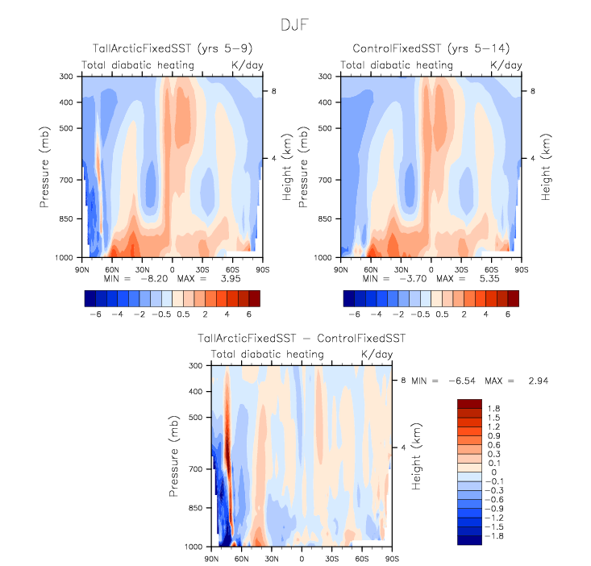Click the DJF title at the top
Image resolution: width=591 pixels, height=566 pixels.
point(296,25)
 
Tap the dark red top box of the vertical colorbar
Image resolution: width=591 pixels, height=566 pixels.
point(469,403)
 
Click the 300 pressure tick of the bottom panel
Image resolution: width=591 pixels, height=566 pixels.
point(194,366)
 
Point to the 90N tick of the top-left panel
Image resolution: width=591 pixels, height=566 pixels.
point(81,267)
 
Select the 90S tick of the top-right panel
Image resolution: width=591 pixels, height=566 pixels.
point(522,267)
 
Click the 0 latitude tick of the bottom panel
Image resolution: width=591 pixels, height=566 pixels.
point(302,557)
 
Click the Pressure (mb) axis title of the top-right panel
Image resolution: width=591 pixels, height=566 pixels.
point(304,166)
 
